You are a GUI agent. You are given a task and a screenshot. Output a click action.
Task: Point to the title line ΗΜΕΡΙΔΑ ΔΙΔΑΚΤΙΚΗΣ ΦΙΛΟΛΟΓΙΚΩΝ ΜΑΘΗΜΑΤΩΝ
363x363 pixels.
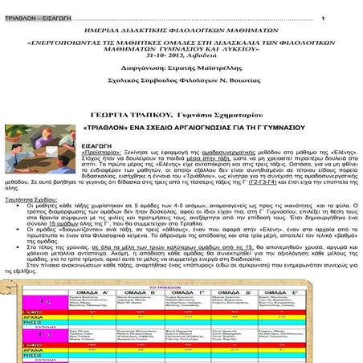[181, 28]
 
